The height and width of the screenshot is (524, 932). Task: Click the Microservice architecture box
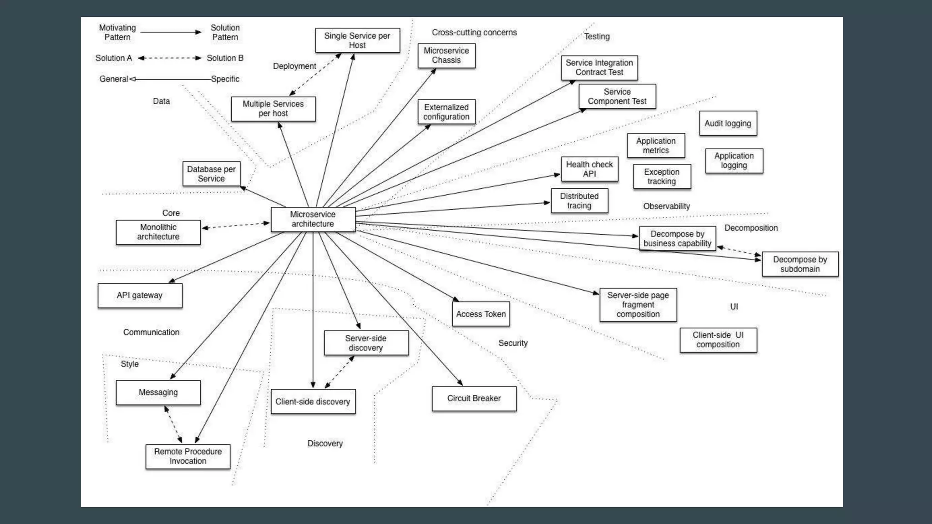(313, 219)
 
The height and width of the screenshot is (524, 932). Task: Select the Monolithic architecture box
(158, 232)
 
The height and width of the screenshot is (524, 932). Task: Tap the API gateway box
(140, 295)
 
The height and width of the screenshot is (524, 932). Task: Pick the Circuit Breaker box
(474, 398)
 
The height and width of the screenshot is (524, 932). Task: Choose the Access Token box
(481, 314)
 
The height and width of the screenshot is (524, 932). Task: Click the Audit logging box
(728, 123)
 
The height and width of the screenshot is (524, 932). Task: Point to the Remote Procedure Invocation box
(187, 456)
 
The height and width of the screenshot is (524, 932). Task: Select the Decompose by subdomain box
(800, 264)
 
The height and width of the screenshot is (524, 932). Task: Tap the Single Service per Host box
(357, 40)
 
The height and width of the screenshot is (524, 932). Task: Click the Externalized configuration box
(446, 112)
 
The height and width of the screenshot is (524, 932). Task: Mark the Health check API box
(589, 169)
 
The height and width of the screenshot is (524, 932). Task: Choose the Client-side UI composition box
(718, 340)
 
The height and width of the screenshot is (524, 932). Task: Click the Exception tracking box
(661, 176)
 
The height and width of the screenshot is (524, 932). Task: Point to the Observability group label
(666, 206)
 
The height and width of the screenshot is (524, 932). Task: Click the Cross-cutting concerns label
(474, 32)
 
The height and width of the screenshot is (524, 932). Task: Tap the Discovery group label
(325, 443)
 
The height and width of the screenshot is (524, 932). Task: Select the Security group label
(513, 343)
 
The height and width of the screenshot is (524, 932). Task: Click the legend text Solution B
(225, 58)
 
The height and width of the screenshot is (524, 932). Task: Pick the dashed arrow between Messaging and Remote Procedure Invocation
(173, 424)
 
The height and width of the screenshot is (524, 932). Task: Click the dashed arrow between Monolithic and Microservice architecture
(235, 226)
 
